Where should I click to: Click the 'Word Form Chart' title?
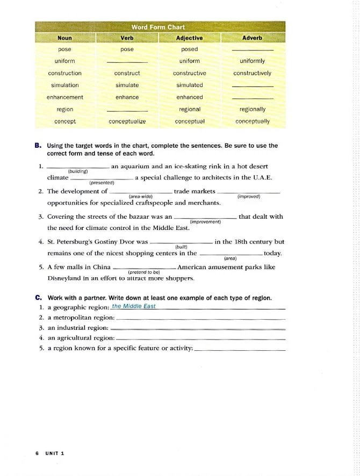[158, 27]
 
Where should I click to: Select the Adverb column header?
[252, 38]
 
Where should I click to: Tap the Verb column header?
[127, 38]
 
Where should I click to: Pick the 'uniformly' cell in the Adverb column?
[252, 61]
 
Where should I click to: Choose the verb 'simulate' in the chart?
[127, 85]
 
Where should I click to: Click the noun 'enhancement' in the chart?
[65, 97]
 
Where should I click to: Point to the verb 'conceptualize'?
[127, 121]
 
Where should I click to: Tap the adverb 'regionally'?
[252, 109]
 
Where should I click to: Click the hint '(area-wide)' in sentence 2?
[140, 196]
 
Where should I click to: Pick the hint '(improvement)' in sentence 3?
[205, 221]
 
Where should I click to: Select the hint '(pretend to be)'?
[145, 272]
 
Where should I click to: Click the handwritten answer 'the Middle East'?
[134, 306]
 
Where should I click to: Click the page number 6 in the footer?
[37, 453]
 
